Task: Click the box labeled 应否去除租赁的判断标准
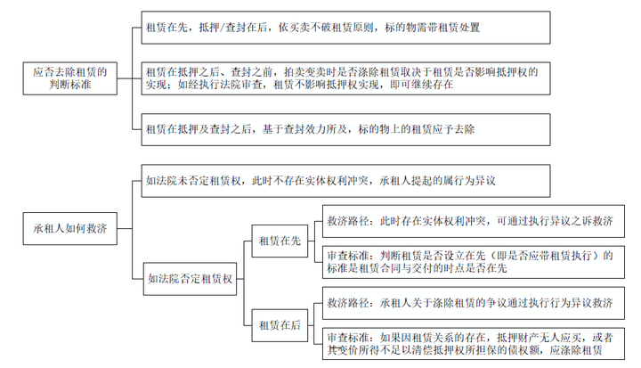click(70, 78)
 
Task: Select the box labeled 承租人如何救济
click(70, 228)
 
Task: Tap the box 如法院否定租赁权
click(191, 279)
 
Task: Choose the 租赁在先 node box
click(280, 241)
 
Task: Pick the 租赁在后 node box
click(280, 325)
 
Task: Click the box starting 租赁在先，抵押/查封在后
click(345, 28)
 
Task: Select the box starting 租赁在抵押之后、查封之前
click(345, 78)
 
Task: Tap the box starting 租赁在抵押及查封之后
click(345, 130)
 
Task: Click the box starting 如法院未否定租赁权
click(345, 181)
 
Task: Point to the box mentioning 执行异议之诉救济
click(474, 221)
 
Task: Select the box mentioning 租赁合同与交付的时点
click(474, 262)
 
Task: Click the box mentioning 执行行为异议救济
click(474, 303)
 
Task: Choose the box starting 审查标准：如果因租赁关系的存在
click(474, 344)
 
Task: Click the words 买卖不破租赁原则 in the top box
click(331, 28)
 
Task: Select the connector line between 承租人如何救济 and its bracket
click(125, 228)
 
